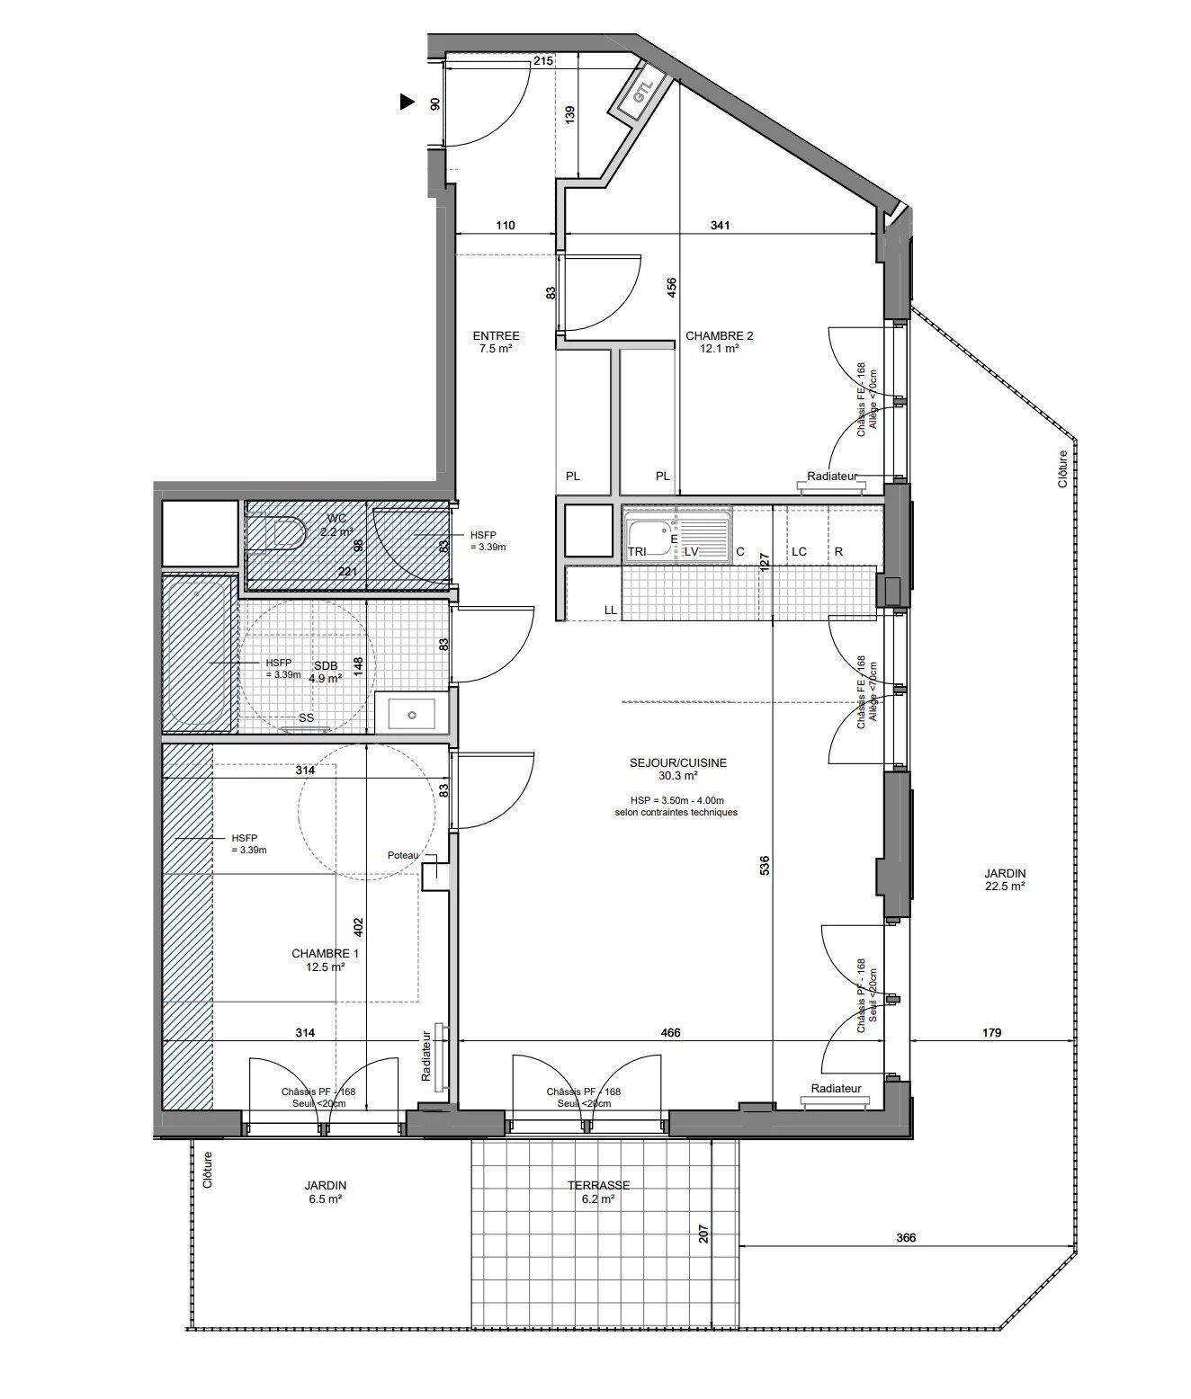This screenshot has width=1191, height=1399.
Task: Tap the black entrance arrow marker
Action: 407,102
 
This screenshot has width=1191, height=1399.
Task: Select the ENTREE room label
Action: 496,342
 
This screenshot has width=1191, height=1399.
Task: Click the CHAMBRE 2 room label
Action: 719,342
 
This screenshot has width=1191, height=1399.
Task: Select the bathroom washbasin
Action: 410,714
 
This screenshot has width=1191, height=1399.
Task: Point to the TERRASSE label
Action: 598,1191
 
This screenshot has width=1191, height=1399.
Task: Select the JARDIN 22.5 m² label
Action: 1004,878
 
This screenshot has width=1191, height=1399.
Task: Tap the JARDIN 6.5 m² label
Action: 325,1191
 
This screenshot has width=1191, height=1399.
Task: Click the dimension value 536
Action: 764,865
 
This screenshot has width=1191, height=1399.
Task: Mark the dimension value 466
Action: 670,1033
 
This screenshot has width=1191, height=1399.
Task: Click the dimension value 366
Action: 906,1237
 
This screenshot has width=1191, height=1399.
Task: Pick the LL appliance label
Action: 611,610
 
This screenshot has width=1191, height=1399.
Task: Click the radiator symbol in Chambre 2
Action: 832,486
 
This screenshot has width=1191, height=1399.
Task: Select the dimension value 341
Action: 720,225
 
